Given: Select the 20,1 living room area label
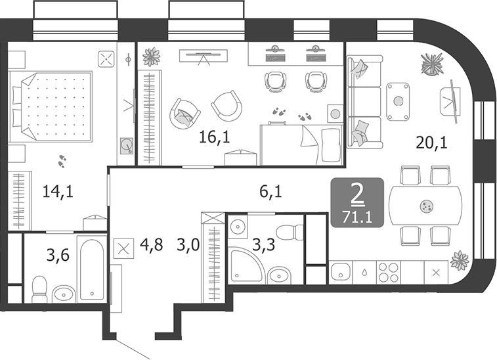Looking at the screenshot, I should point(431,141).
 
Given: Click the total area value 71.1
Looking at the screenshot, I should point(357,216).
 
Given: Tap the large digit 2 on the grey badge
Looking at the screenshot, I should point(357,194).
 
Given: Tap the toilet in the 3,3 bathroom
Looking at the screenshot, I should point(288,233).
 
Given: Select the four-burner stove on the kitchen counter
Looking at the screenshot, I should point(389,271).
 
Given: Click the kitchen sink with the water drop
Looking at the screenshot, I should point(363,271).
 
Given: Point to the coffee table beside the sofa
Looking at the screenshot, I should point(398,101).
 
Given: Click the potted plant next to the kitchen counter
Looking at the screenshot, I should point(460,260).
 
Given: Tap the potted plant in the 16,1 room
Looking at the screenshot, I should point(151,56).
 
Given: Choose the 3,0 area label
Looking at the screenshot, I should point(188,248).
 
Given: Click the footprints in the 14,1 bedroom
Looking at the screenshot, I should point(63,160).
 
